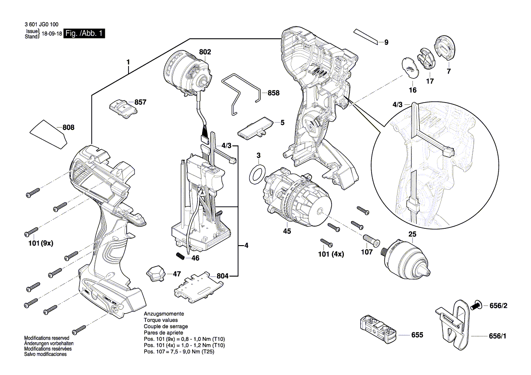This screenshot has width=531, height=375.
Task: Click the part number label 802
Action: tap(205, 52)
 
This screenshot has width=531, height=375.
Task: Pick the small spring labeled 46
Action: tap(180, 256)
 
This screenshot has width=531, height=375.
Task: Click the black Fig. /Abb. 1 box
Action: tap(85, 34)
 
